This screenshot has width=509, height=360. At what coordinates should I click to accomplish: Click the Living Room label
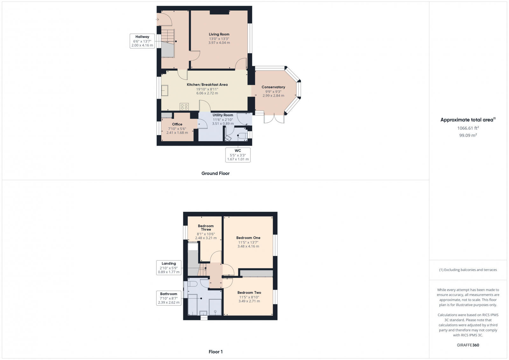click(219, 34)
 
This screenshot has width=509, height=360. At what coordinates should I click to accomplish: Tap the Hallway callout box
click(142, 41)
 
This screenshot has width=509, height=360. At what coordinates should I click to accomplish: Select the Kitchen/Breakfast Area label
click(207, 85)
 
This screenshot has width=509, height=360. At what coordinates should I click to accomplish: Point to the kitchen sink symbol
click(165, 91)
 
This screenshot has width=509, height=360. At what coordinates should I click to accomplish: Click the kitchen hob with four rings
click(184, 107)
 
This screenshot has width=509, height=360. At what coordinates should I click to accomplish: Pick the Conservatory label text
click(273, 87)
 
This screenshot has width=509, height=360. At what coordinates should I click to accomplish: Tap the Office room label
click(177, 124)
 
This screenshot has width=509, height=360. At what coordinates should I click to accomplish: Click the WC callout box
click(238, 155)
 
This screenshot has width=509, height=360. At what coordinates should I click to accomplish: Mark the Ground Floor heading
click(215, 173)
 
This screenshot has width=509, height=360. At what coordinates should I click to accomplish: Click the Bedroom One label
click(248, 238)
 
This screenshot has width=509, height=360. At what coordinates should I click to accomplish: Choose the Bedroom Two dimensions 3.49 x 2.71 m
click(249, 301)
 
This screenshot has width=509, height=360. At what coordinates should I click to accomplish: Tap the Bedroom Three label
click(206, 228)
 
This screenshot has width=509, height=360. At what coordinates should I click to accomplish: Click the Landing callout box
click(169, 268)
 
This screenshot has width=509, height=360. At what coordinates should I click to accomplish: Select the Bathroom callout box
click(169, 298)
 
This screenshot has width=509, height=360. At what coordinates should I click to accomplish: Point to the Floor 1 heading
click(215, 352)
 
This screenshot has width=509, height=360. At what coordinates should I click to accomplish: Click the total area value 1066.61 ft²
click(468, 128)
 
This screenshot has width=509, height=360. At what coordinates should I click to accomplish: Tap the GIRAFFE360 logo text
click(468, 345)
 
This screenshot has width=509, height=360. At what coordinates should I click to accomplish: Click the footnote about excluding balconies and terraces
click(468, 270)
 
